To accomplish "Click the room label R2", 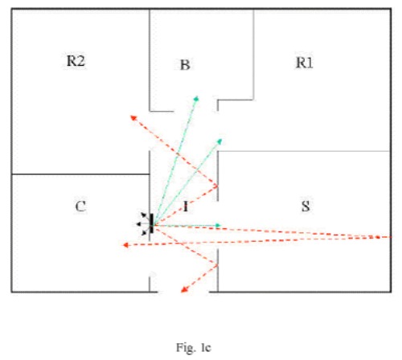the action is pyautogui.click(x=76, y=61).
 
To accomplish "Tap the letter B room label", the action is pyautogui.click(x=185, y=64).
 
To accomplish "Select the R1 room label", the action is pyautogui.click(x=304, y=63).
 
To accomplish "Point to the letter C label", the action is pyautogui.click(x=80, y=207).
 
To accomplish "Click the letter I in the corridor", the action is pyautogui.click(x=186, y=207).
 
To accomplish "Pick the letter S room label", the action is pyautogui.click(x=306, y=206).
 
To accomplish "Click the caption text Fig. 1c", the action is pyautogui.click(x=194, y=347).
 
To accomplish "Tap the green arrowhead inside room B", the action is pyautogui.click(x=196, y=98).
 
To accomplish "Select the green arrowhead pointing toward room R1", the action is pyautogui.click(x=219, y=141).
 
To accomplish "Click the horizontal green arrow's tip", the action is pyautogui.click(x=220, y=226).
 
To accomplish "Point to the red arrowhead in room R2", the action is pyautogui.click(x=133, y=117).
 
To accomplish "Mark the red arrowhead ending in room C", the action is pyautogui.click(x=125, y=245).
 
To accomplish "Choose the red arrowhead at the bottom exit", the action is pyautogui.click(x=184, y=289).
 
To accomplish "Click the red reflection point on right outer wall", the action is pyautogui.click(x=378, y=237).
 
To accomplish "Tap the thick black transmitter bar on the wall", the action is pyautogui.click(x=152, y=223).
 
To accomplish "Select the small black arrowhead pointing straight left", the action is pyautogui.click(x=138, y=224).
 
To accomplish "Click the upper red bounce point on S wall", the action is pyautogui.click(x=217, y=185).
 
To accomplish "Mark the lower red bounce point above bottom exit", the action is pyautogui.click(x=217, y=265).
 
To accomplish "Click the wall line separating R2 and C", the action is pyautogui.click(x=80, y=174).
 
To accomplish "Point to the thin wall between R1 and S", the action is pyautogui.click(x=304, y=151).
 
